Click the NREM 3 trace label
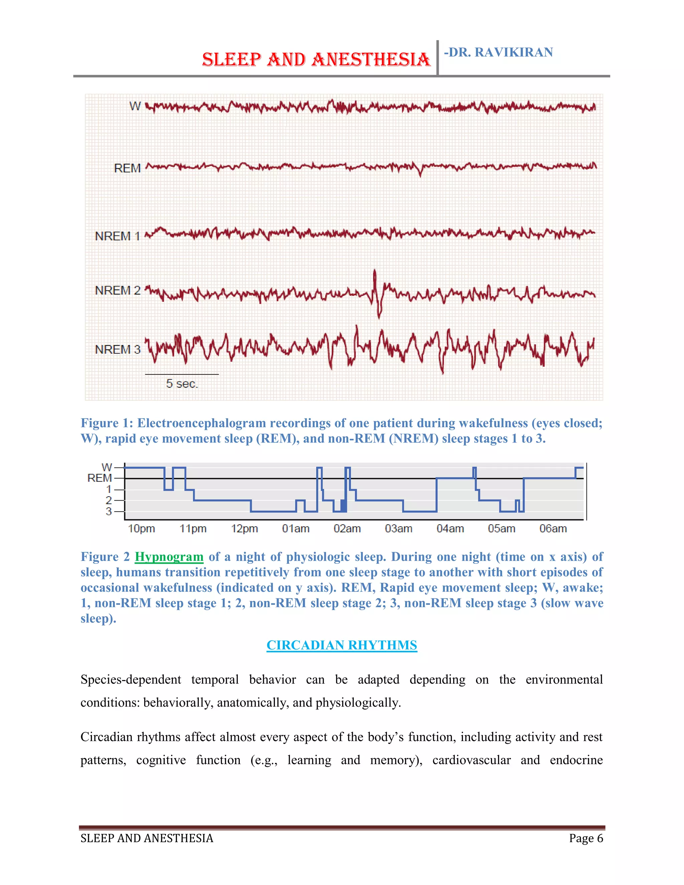point(118,349)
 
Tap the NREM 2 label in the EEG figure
point(118,291)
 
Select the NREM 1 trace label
point(118,236)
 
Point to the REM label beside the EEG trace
point(127,168)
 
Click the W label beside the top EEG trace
point(135,106)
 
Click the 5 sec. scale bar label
point(182,384)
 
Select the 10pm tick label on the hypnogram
point(141,529)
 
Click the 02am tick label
point(347,529)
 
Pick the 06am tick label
point(553,529)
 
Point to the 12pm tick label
point(244,529)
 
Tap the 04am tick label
point(450,529)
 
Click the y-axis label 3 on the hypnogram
point(109,511)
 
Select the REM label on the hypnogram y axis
point(100,478)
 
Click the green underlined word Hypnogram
point(169,557)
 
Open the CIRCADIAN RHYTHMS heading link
point(342,645)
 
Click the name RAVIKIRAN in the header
point(513,52)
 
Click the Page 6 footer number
point(586,838)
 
